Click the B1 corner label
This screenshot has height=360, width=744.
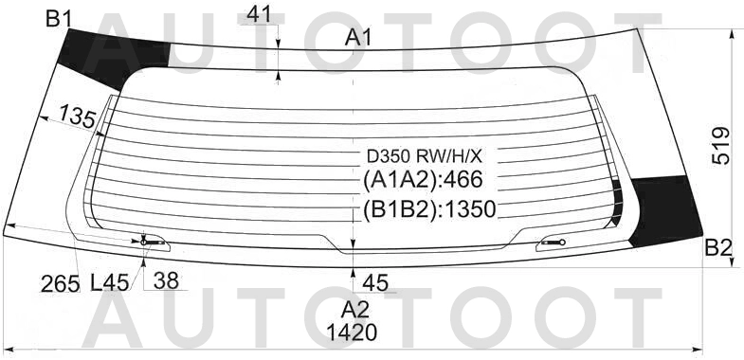[59, 19]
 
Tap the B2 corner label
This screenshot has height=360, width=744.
[718, 247]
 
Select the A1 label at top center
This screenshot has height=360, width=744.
[358, 38]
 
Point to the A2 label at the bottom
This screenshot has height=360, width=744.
[354, 310]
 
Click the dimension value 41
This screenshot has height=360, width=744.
[259, 15]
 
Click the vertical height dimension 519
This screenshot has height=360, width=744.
[721, 146]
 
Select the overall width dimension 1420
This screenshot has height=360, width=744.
[352, 333]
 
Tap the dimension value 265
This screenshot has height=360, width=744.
[60, 284]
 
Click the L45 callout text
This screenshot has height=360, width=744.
[110, 283]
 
